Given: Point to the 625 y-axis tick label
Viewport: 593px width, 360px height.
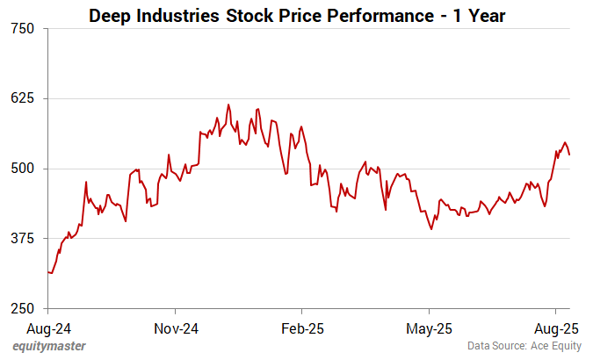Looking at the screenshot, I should click(24, 98).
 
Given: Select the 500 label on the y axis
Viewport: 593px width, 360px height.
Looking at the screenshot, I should click(24, 169).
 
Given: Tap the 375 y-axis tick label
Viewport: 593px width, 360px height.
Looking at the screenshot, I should click(24, 239).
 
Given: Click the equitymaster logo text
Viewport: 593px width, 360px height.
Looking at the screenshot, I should click(48, 347).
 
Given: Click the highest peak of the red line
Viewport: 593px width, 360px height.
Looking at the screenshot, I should click(228, 104).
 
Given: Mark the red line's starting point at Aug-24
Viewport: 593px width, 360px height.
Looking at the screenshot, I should click(48, 272).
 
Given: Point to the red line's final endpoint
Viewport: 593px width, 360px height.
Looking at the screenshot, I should click(569, 155).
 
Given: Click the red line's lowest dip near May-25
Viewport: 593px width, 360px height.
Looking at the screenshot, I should click(431, 229).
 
